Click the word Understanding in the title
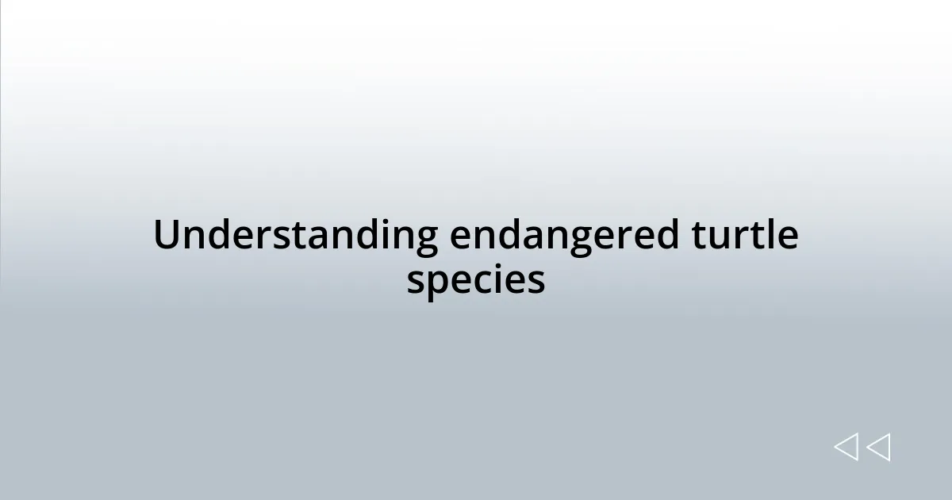[295, 236]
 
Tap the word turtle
[745, 236]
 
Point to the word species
[476, 280]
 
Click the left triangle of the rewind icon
[846, 448]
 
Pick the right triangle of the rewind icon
[878, 448]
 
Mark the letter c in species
[489, 282]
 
